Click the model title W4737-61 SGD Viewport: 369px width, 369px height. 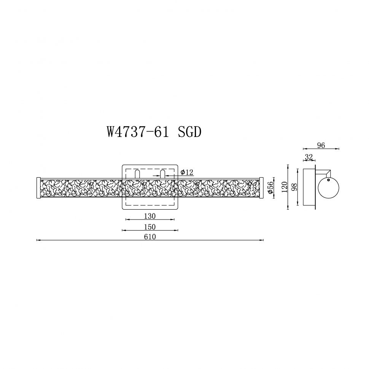point(154,132)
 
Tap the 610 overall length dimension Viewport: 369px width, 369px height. point(150,237)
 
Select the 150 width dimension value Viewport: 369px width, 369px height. point(150,227)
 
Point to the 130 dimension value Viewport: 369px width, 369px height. point(150,216)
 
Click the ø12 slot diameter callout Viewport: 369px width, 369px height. point(187,172)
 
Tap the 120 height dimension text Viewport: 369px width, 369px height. point(284,187)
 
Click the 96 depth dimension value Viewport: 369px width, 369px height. point(321,145)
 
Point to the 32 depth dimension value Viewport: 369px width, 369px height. point(309,156)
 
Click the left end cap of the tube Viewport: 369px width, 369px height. point(38,187)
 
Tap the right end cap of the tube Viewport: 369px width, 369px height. point(261,187)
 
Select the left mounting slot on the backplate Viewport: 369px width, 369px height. point(137,174)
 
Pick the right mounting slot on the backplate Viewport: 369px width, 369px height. point(162,174)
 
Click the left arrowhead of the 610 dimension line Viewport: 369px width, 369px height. point(38,240)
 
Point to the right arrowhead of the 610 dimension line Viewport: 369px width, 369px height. point(262,240)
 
